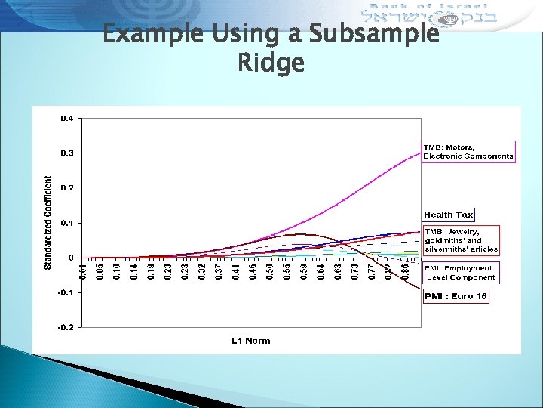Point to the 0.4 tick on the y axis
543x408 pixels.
67,119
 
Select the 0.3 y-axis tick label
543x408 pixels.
67,153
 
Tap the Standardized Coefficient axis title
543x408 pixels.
48,223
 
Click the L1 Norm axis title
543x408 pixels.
251,341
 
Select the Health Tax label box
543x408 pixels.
448,215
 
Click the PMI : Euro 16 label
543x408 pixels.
456,296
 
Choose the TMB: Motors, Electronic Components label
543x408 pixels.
468,151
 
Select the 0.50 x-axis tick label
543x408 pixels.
270,269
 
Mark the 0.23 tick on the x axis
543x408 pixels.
168,269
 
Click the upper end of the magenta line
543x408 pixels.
421,153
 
